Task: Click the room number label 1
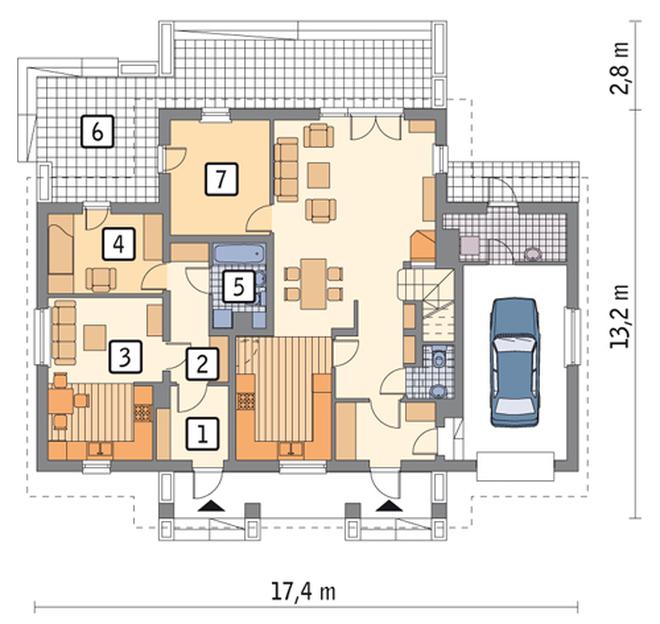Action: tap(203, 433)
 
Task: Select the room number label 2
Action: tap(202, 364)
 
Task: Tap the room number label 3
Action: tap(125, 357)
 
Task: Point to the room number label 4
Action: tap(119, 243)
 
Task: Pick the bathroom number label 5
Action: tap(238, 287)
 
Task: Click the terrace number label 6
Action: tap(98, 131)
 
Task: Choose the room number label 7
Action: tap(221, 179)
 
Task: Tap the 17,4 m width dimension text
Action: tap(303, 592)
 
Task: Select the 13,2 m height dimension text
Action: tap(619, 316)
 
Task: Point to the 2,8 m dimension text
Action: tap(619, 68)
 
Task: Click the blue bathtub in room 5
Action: tap(239, 254)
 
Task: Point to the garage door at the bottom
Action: tap(515, 467)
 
